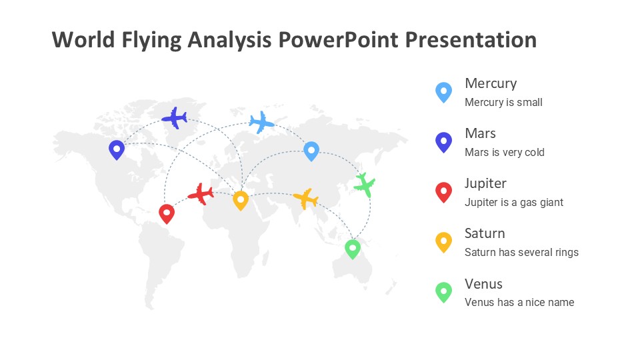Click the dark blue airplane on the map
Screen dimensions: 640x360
[175, 119]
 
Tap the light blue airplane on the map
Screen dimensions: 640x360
[261, 122]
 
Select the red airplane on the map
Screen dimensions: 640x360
[201, 194]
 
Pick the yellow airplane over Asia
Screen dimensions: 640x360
[306, 199]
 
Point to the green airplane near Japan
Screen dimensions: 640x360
[365, 185]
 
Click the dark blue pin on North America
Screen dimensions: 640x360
[117, 150]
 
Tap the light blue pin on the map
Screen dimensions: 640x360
[311, 151]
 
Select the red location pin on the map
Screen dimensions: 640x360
[167, 214]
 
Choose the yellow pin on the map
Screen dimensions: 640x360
[241, 201]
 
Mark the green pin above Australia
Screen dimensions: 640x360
[353, 249]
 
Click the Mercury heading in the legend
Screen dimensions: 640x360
[491, 84]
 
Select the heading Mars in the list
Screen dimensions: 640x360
[481, 133]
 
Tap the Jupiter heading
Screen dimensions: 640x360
[485, 184]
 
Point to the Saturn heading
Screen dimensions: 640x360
[485, 233]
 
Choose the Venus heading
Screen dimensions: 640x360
[484, 284]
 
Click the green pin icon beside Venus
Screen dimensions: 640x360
[444, 292]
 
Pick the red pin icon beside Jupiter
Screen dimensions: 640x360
[444, 192]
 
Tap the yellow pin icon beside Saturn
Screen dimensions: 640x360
[444, 243]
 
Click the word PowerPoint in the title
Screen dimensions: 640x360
[339, 40]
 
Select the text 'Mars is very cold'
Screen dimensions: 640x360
[505, 152]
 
